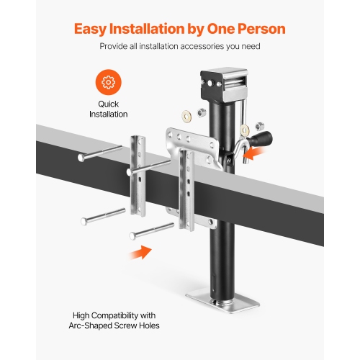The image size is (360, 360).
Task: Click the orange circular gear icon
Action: coord(108,84)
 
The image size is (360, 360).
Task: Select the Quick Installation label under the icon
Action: coord(108,109)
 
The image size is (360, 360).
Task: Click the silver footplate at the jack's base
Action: coord(216,297)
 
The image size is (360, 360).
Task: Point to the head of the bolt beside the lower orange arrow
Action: coord(134,235)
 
